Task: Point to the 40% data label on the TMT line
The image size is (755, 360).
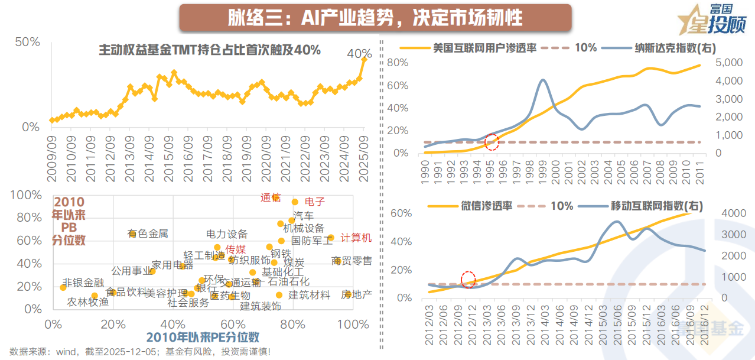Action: (x=359, y=54)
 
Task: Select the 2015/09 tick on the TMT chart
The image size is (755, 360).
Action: (x=170, y=152)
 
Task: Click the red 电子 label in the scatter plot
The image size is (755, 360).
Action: (x=315, y=202)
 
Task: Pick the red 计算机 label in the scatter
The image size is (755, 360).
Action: (x=356, y=238)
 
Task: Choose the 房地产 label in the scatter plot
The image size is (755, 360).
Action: (x=356, y=294)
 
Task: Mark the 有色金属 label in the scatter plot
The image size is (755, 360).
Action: (x=148, y=234)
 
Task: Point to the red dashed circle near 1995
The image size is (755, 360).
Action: (x=492, y=142)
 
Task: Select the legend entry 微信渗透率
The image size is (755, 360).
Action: (x=489, y=206)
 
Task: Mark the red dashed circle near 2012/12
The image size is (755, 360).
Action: (x=468, y=280)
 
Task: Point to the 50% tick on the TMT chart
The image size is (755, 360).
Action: (x=28, y=42)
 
